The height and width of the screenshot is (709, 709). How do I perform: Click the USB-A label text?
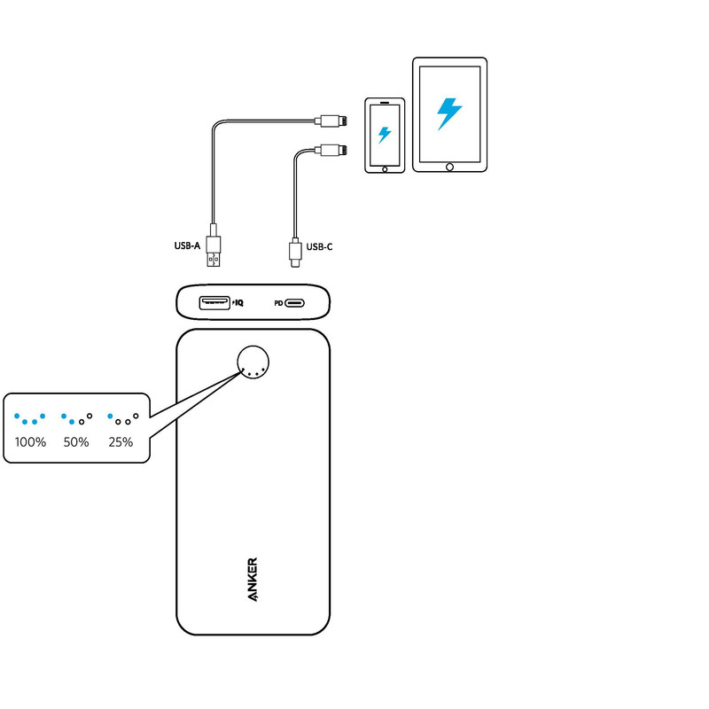click(x=188, y=246)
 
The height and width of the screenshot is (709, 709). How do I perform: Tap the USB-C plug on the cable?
click(x=294, y=252)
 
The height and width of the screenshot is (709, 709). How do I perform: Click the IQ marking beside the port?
click(x=238, y=303)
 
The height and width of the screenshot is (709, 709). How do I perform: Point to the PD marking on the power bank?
click(x=277, y=303)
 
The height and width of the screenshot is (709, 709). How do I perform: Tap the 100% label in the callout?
click(x=30, y=441)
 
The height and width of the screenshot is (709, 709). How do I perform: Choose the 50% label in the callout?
click(x=76, y=441)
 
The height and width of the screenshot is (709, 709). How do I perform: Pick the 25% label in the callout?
click(x=121, y=441)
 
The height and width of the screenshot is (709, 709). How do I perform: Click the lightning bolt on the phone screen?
click(x=385, y=135)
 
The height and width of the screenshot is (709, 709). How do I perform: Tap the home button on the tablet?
click(x=449, y=167)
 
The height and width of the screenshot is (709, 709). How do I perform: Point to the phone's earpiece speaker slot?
click(x=385, y=102)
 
